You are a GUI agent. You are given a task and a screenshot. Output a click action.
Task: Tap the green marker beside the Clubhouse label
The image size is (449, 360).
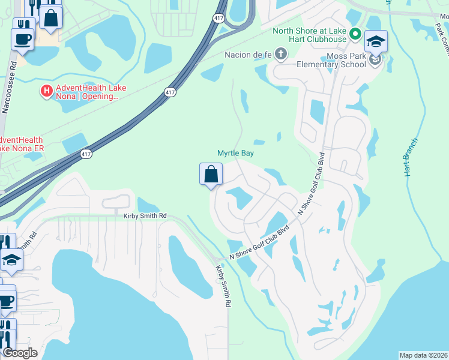point(355,35)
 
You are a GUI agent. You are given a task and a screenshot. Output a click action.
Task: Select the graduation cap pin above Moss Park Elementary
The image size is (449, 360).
point(376,41)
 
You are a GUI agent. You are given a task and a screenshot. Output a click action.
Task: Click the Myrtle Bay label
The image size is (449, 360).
point(235,154)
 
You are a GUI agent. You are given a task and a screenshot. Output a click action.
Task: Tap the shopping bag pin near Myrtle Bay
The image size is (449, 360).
point(211,175)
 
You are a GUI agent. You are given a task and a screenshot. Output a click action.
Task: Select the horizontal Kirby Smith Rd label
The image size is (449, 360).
point(145,216)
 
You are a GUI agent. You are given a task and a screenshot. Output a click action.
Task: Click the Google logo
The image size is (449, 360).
point(20,353)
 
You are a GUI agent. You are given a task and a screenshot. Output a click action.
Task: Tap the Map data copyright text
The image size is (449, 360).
point(424,355)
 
